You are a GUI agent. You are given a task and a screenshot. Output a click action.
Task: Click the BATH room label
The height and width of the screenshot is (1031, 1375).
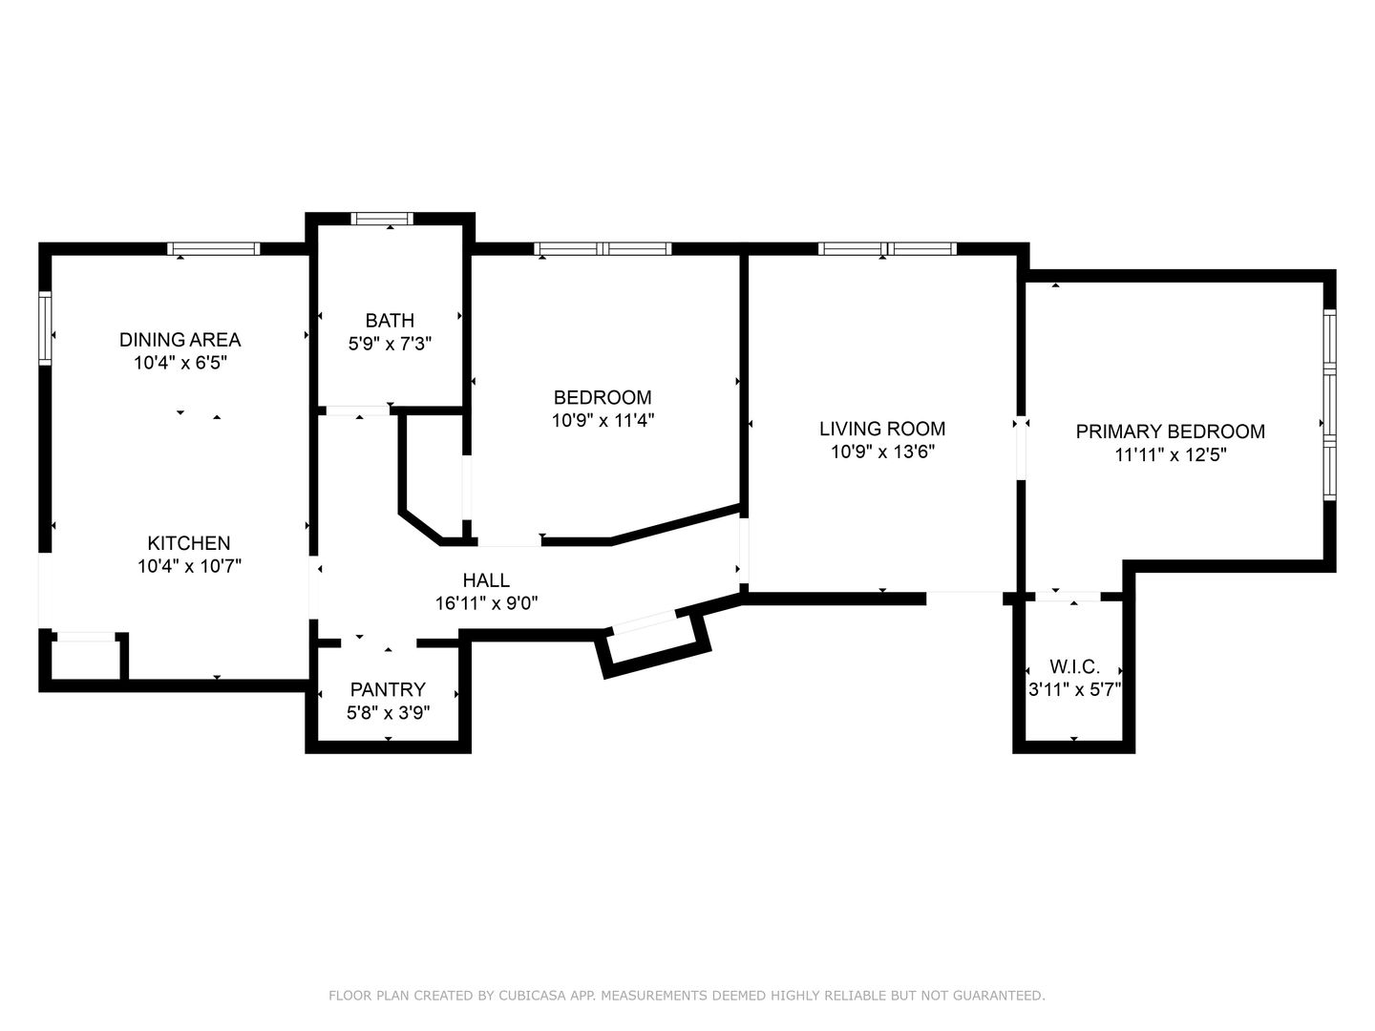[x=390, y=321]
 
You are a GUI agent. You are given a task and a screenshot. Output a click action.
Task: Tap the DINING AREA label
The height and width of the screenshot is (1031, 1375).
[x=180, y=340]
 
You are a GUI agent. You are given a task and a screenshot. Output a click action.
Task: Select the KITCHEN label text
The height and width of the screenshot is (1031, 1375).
[x=188, y=543]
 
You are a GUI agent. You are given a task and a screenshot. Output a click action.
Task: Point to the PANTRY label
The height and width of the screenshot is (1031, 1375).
[x=388, y=689]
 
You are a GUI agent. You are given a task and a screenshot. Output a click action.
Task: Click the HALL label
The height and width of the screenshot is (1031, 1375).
[x=486, y=580]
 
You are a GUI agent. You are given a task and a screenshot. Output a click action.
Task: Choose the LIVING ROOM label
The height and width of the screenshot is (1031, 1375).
[x=882, y=429]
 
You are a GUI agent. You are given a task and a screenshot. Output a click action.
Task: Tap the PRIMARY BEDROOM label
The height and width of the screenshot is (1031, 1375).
[x=1170, y=431]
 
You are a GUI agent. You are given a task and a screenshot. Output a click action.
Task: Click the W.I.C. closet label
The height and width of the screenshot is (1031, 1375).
[x=1074, y=666]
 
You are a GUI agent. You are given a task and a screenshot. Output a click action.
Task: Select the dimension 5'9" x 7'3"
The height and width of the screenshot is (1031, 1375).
[x=391, y=344]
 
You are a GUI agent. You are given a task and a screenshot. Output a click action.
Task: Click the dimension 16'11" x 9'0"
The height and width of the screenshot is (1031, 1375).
[x=487, y=603]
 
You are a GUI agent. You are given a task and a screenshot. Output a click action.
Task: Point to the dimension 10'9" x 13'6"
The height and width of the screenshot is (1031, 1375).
[x=882, y=452]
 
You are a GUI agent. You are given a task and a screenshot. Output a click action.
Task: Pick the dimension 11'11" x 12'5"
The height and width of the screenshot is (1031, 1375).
[x=1170, y=454]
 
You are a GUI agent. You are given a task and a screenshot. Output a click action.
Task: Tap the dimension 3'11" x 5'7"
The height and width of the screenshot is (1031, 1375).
[x=1074, y=689]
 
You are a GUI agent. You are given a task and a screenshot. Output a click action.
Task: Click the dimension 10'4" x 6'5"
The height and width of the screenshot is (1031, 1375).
[x=180, y=363]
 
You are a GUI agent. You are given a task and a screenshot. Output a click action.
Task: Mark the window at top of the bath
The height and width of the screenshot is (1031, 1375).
[x=382, y=219]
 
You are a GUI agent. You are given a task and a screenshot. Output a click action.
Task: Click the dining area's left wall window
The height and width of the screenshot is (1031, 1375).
[x=45, y=328]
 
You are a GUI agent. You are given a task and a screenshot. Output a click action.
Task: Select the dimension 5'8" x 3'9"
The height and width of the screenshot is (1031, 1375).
[x=389, y=712]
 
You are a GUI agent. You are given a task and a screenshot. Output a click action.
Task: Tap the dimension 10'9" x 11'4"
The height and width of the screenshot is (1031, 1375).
[x=603, y=420]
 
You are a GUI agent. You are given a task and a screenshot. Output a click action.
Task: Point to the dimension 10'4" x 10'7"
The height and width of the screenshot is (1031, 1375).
[x=189, y=566]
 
